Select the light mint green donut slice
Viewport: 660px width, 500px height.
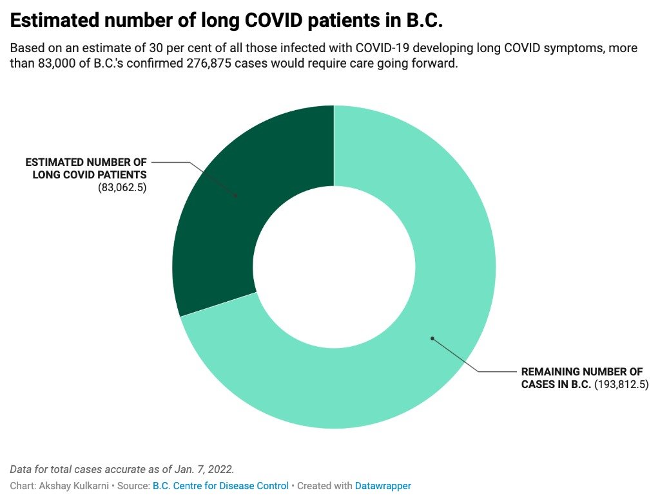pos(421,357)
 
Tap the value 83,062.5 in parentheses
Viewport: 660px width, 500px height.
pos(122,187)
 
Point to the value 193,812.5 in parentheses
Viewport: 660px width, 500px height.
pos(621,384)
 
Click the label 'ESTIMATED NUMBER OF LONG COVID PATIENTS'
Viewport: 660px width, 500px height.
pos(86,169)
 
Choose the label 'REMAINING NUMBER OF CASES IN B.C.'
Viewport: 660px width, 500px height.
pos(582,378)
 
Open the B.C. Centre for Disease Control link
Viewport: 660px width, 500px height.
pos(220,486)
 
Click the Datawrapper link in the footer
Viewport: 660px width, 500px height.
pos(383,486)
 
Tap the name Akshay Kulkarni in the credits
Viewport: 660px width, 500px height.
pos(74,486)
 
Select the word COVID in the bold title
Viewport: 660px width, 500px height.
pos(273,20)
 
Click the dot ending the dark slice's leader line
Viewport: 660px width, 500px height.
pos(236,196)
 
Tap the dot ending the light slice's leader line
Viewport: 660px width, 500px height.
pos(432,338)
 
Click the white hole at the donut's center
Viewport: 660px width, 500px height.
pos(335,267)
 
